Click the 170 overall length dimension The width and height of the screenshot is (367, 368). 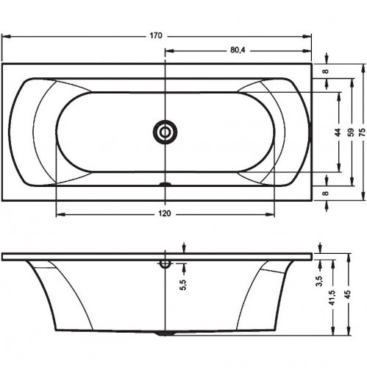tap(156, 36)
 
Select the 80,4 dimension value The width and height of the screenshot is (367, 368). tap(238, 50)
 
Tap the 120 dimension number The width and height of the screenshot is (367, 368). tap(165, 213)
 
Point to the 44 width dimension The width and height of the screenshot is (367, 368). tap(338, 132)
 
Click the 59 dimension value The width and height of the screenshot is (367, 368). tap(352, 132)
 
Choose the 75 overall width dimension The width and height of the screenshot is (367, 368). tap(362, 132)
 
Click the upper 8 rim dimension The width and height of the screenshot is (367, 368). tap(326, 71)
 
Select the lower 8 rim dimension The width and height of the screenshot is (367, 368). tap(326, 193)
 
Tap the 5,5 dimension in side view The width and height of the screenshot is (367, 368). tap(184, 285)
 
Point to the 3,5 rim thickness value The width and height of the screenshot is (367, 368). tap(319, 281)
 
